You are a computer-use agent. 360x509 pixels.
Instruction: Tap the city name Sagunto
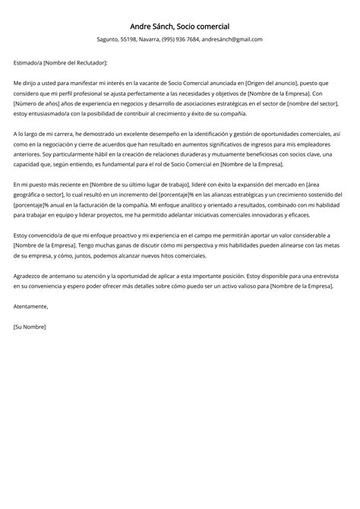pyautogui.click(x=109, y=40)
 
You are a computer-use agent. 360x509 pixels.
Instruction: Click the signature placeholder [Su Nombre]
pyautogui.click(x=30, y=326)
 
